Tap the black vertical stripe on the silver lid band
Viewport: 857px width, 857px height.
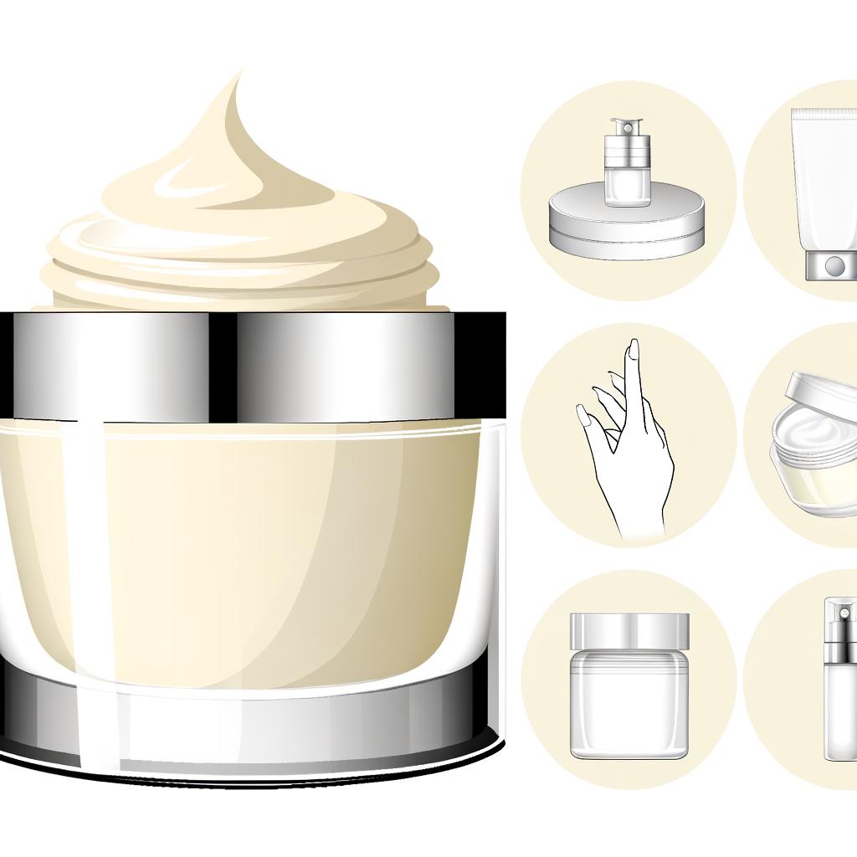point(222,367)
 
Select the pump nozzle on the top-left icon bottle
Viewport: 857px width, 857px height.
point(624,127)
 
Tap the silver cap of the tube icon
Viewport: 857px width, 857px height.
point(831,265)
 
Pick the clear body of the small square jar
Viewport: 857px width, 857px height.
point(629,703)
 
